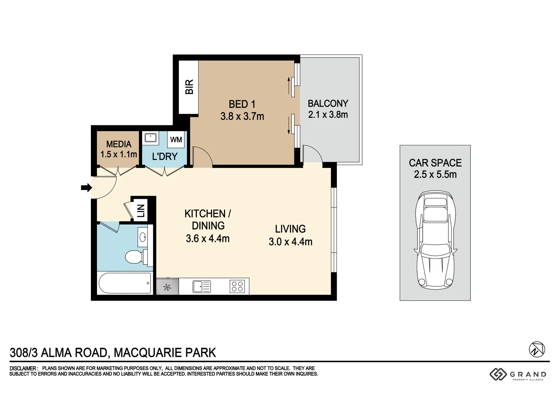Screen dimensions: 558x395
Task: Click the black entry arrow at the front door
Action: (86, 187)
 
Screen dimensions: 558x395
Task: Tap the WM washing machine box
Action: (176, 139)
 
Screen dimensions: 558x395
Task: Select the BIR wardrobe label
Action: (189, 87)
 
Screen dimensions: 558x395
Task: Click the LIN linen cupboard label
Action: (141, 211)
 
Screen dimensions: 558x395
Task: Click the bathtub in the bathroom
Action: (125, 283)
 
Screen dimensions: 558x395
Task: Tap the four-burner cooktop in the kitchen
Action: (237, 286)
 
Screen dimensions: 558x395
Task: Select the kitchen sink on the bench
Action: (201, 287)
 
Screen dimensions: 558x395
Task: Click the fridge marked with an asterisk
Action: (167, 286)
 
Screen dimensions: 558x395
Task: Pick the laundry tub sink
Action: (150, 138)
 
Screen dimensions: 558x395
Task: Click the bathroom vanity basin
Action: (143, 237)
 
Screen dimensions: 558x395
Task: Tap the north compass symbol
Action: (537, 349)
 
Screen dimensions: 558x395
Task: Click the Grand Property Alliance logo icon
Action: (498, 374)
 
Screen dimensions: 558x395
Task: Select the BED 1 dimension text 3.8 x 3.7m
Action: (242, 116)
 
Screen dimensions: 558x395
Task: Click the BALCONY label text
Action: (328, 104)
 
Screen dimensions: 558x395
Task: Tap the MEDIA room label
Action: (119, 144)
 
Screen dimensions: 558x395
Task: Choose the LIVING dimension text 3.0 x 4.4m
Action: (290, 242)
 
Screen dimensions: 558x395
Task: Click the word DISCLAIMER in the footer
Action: (23, 368)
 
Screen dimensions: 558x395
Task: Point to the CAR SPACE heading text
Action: (435, 163)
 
